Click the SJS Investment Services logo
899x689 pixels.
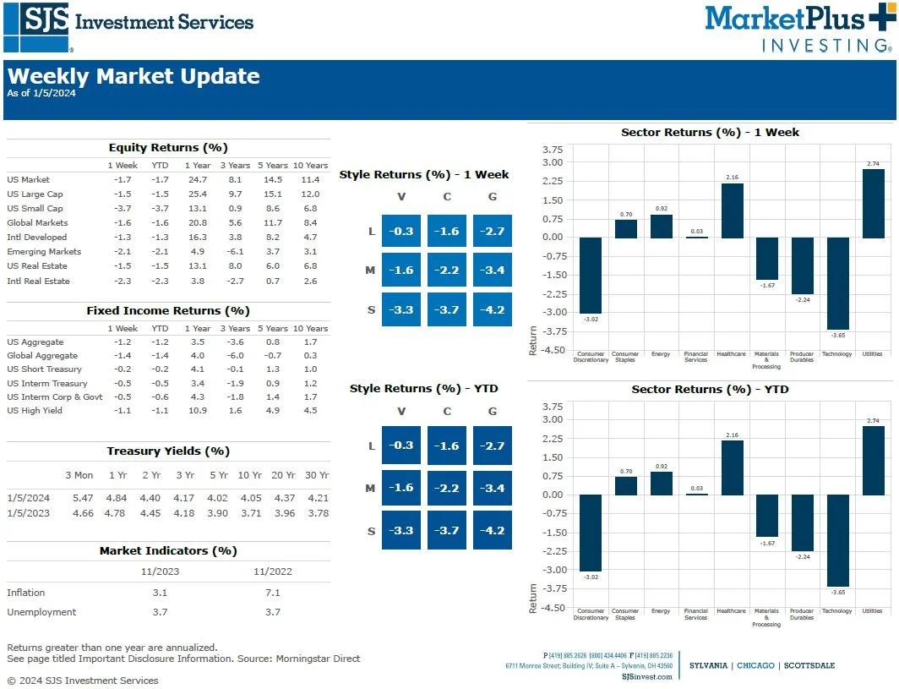128,28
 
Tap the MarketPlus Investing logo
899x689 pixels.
798,28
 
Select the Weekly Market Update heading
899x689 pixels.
133,77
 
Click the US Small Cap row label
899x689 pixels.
35,209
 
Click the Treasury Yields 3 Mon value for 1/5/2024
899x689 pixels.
83,498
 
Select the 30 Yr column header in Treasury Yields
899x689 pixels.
317,475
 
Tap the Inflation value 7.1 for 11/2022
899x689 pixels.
272,593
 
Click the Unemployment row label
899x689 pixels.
41,612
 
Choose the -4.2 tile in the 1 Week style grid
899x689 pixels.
493,309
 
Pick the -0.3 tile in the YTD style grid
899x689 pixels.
401,446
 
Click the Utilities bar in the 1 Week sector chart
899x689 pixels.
873,203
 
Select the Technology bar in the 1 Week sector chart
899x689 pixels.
837,283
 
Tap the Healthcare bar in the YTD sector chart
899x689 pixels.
732,468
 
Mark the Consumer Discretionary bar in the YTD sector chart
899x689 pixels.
591,533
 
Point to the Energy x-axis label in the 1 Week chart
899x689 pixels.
661,354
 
